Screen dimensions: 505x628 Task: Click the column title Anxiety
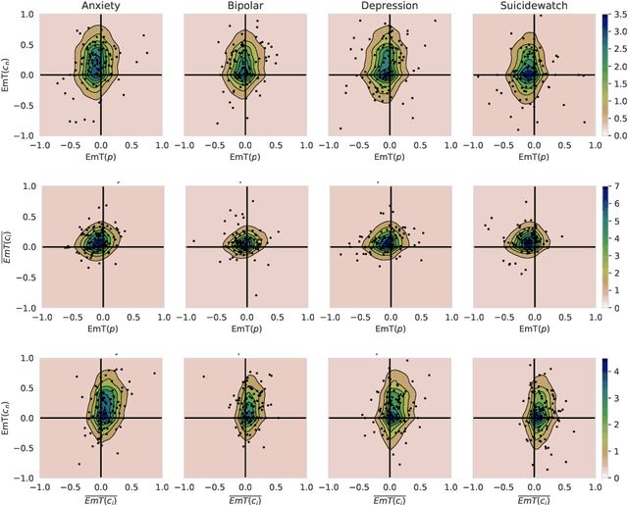click(x=101, y=7)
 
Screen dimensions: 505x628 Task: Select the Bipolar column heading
click(x=245, y=7)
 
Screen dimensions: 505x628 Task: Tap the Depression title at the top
click(x=390, y=7)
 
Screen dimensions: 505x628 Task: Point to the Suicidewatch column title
click(x=534, y=7)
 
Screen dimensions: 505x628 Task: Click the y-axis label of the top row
click(x=8, y=76)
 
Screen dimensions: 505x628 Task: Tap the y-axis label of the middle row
click(x=8, y=246)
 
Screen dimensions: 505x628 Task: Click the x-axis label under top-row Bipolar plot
click(x=245, y=157)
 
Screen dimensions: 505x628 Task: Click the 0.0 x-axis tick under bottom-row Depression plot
click(x=390, y=485)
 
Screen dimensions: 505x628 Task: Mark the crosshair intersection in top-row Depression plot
click(x=390, y=76)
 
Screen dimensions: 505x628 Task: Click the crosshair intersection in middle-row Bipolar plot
click(x=245, y=246)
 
